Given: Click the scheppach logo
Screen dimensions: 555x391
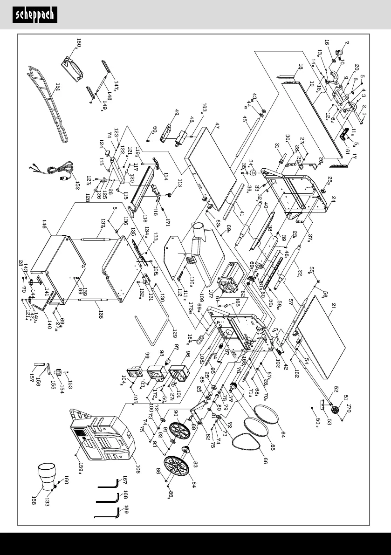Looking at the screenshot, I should tap(35, 15).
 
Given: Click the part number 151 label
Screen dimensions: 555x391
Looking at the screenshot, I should tap(58, 86).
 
